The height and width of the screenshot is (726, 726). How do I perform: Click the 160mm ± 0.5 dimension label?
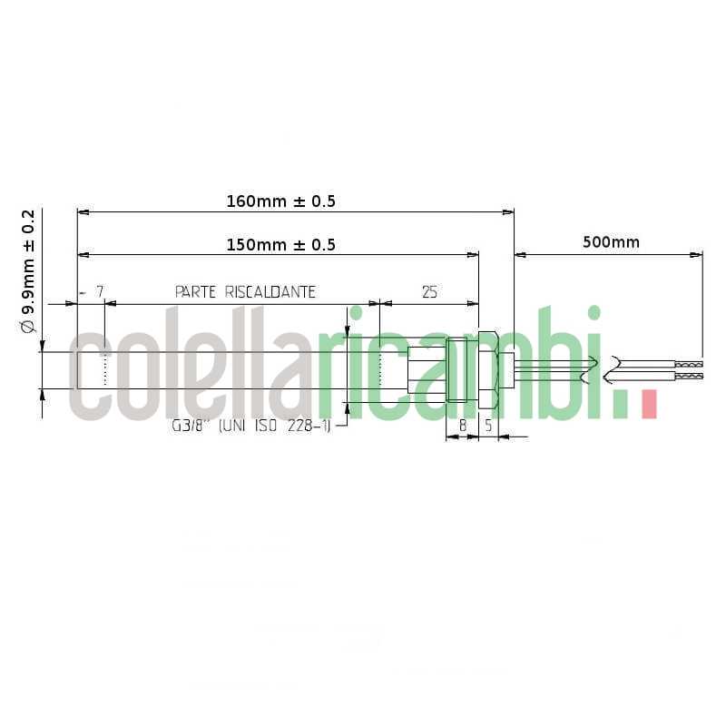[x=280, y=201]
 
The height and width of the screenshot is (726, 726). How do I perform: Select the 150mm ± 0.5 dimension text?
[x=280, y=245]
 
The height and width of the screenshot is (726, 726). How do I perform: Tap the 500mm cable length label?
[x=611, y=242]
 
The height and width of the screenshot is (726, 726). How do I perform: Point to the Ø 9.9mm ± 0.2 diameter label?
[x=28, y=271]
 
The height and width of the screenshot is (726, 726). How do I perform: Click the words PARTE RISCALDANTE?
[x=245, y=292]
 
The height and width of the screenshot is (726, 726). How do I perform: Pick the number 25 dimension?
[x=429, y=292]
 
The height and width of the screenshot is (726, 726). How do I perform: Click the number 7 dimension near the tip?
[x=101, y=292]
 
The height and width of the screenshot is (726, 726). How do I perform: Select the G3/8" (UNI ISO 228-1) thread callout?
[x=250, y=425]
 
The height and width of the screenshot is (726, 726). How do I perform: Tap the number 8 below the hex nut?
[x=462, y=424]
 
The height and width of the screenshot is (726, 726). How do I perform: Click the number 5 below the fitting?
[x=488, y=424]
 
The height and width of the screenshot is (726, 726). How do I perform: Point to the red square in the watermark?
[x=648, y=404]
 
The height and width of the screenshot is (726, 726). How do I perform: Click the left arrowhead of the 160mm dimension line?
[x=83, y=212]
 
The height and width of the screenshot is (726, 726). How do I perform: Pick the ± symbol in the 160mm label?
[x=299, y=201]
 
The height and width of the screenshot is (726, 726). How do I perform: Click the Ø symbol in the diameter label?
[x=28, y=324]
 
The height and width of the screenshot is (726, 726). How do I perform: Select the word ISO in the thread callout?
[x=269, y=425]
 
